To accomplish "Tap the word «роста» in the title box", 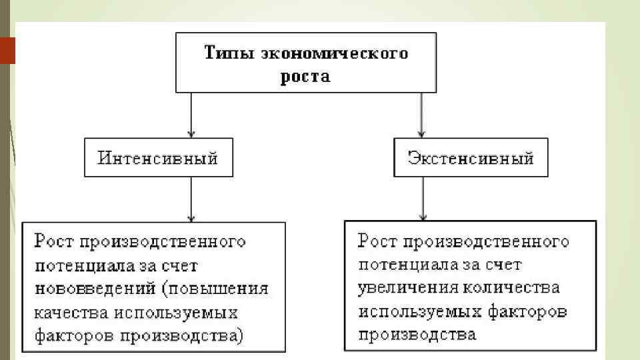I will point(305,76).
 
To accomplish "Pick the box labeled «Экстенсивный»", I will point(471,158).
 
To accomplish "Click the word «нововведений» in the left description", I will point(82,289).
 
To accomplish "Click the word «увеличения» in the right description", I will point(400,288).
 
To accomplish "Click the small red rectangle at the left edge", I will point(7,51).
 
